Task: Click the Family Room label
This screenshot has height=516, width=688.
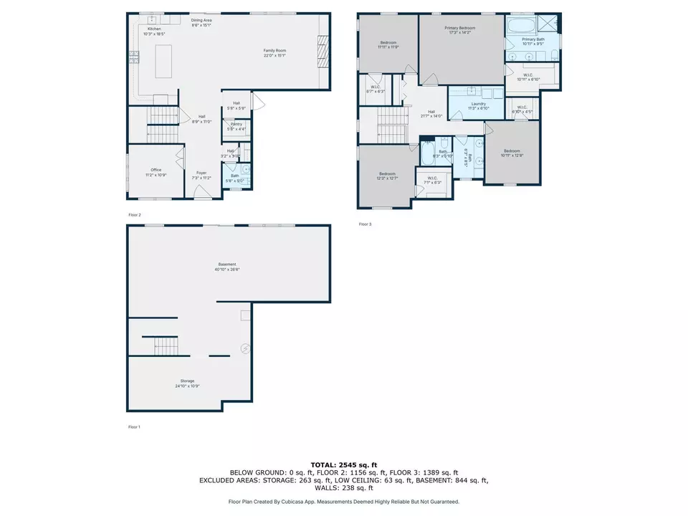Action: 274,52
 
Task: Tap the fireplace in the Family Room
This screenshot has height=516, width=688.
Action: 323,49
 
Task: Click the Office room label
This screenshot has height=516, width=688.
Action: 156,172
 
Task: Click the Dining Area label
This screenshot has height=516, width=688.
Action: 201,22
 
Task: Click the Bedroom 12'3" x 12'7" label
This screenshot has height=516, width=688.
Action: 388,176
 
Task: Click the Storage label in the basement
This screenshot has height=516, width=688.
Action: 187,383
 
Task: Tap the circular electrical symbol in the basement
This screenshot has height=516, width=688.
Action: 244,349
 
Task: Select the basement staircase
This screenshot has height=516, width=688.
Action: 165,346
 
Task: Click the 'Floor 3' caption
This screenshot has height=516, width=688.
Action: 365,224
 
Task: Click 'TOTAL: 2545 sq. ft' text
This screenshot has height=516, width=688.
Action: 343,464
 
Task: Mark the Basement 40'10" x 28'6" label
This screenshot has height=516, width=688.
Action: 227,267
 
